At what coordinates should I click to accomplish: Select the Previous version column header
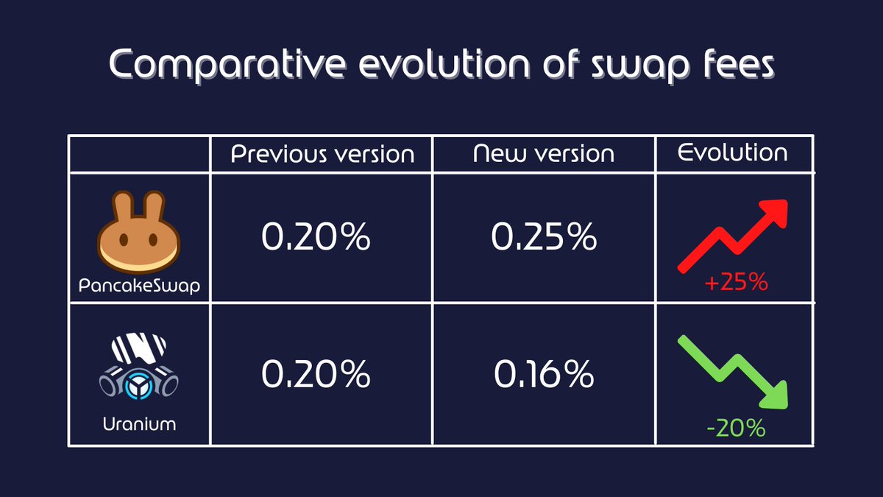click(322, 154)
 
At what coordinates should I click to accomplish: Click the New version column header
click(544, 154)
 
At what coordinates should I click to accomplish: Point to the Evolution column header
click(733, 152)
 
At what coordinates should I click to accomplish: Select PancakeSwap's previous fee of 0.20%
click(316, 237)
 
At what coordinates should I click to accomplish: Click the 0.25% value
click(544, 237)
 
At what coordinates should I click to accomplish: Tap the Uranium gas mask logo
click(139, 368)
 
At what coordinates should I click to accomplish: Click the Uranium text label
click(139, 424)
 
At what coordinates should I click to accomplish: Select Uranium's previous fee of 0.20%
click(316, 375)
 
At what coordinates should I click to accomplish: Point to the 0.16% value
click(544, 375)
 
